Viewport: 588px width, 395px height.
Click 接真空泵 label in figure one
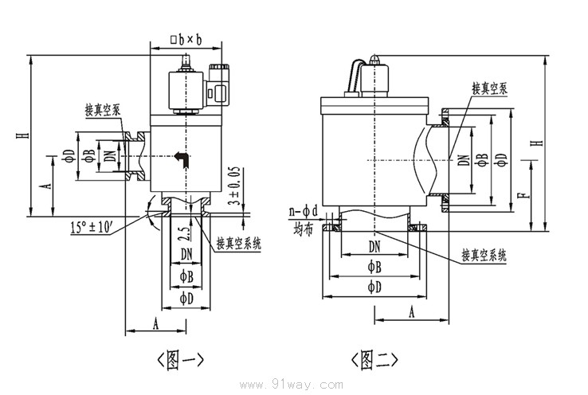pos(104,110)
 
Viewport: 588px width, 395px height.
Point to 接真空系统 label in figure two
pos(484,256)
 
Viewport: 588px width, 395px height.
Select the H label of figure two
pos(541,142)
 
